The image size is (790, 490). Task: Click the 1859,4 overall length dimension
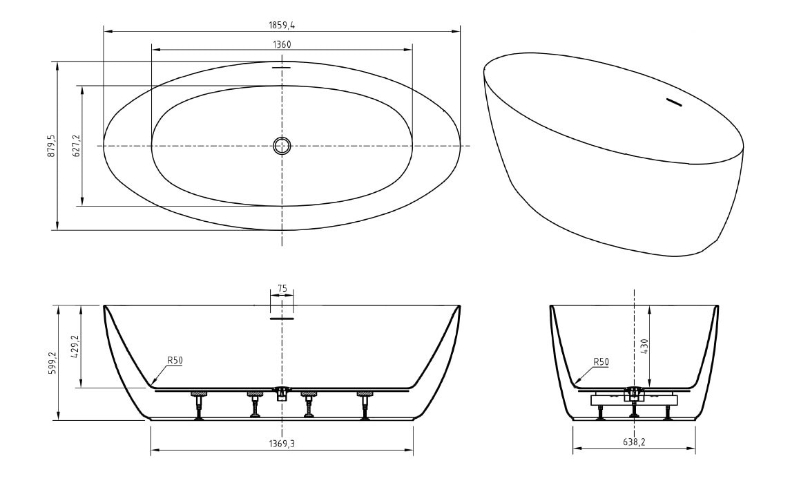pyautogui.click(x=282, y=25)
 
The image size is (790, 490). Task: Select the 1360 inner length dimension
pyautogui.click(x=282, y=44)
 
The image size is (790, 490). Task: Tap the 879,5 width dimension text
pyautogui.click(x=51, y=147)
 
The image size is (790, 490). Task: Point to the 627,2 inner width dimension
pyautogui.click(x=77, y=146)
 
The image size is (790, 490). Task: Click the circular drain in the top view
pyautogui.click(x=282, y=146)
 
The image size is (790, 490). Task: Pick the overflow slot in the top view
pyautogui.click(x=282, y=66)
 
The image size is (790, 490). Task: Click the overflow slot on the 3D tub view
pyautogui.click(x=673, y=102)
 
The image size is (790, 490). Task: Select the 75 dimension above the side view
pyautogui.click(x=282, y=289)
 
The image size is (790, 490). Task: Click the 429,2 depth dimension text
pyautogui.click(x=77, y=346)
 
